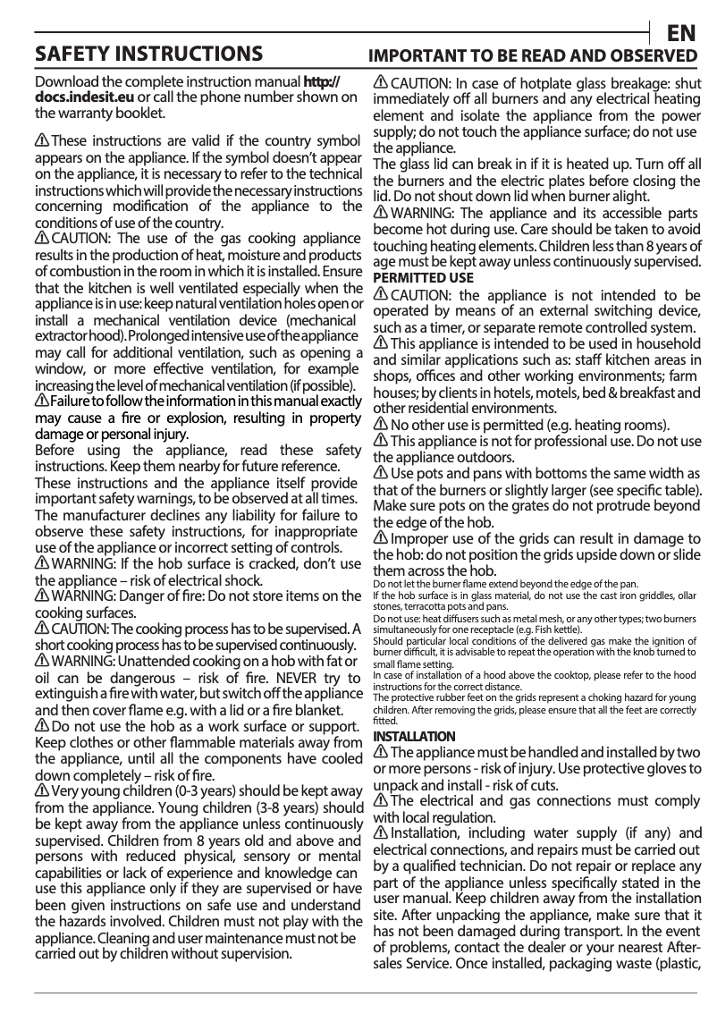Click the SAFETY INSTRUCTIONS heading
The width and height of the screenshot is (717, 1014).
click(x=148, y=55)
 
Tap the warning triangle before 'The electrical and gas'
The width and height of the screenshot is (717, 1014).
click(x=381, y=801)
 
